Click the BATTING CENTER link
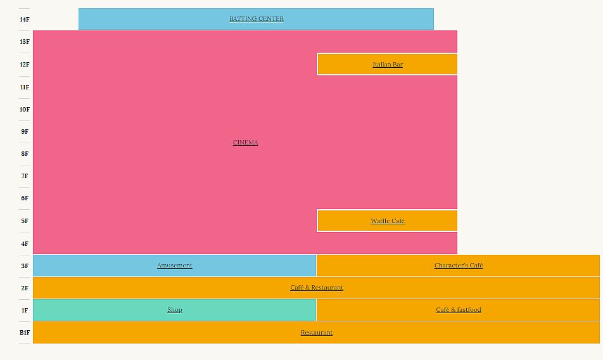257,19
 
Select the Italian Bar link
388,65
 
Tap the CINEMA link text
245,143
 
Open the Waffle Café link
388,221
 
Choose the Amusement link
175,266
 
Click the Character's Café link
459,266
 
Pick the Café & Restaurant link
317,288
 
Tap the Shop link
175,310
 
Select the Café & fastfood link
459,310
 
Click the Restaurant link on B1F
317,333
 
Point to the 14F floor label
25,20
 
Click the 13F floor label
25,42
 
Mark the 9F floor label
25,132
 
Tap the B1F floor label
25,333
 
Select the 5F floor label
25,221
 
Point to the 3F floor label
25,266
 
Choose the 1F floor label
25,311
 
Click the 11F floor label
25,87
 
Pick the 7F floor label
25,176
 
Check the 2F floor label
25,288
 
